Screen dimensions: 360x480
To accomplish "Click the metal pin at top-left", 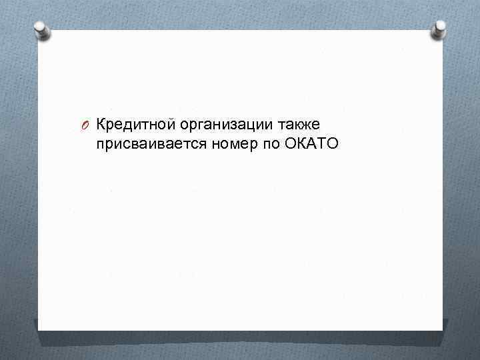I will click(41, 29).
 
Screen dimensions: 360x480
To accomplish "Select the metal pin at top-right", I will click(439, 28).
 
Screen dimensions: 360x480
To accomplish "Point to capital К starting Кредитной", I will click(101, 123).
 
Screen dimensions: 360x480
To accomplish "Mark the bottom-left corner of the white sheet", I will click(38, 330).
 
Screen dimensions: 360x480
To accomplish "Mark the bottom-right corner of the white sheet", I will click(442, 329).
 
